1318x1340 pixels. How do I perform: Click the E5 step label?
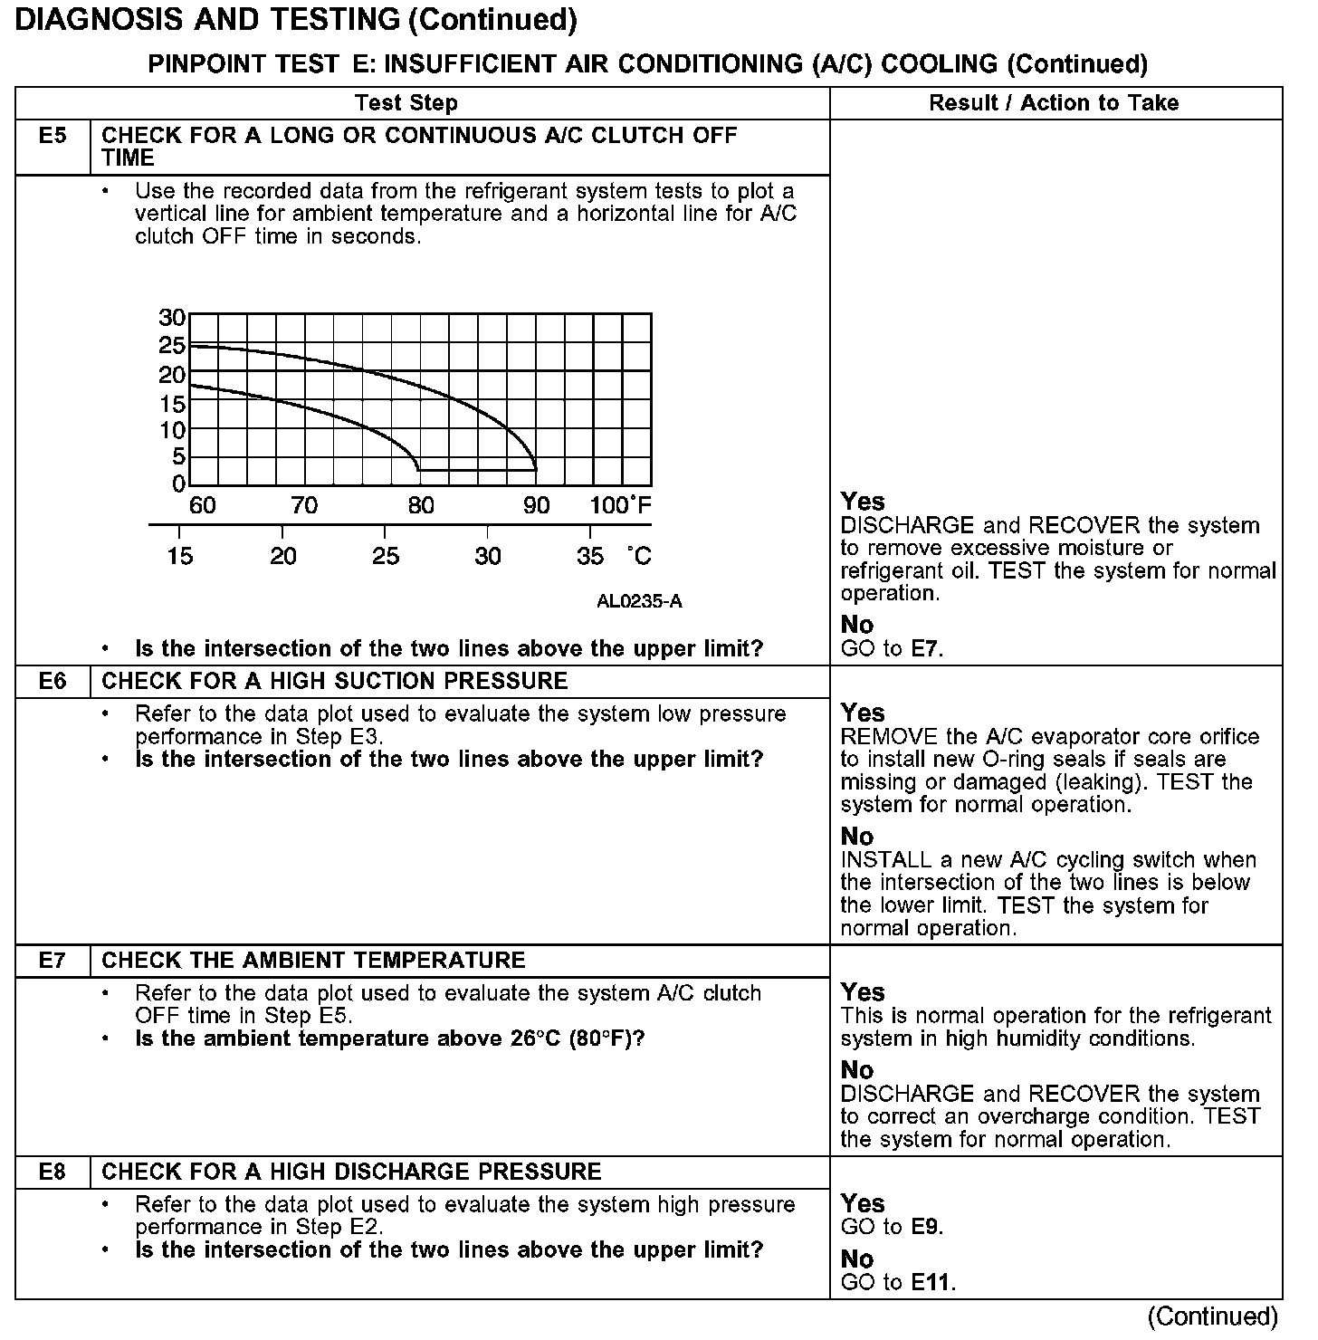(x=53, y=137)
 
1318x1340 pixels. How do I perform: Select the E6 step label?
(x=53, y=682)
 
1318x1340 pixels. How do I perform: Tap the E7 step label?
(x=53, y=961)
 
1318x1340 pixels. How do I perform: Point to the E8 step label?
(x=53, y=1172)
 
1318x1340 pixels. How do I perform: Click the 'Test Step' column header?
(x=406, y=103)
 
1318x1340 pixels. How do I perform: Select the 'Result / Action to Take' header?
(x=1054, y=103)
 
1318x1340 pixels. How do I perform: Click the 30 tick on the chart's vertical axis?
(x=172, y=318)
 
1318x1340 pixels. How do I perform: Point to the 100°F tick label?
(x=620, y=505)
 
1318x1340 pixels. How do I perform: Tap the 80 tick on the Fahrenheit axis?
(x=421, y=505)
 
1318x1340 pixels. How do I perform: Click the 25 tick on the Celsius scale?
(x=386, y=556)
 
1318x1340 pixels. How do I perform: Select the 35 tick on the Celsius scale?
(x=590, y=556)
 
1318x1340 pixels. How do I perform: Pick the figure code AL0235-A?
(x=639, y=601)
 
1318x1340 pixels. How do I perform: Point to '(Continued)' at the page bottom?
(x=1212, y=1316)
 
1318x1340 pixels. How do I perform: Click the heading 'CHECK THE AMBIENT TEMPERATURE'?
(x=313, y=961)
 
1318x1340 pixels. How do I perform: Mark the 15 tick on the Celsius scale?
(x=180, y=556)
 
